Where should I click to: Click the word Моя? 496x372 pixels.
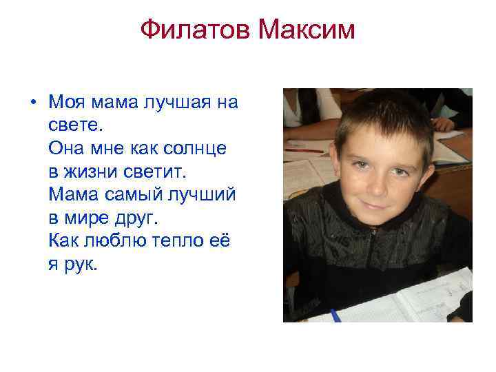(65, 103)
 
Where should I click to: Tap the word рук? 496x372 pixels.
(81, 264)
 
